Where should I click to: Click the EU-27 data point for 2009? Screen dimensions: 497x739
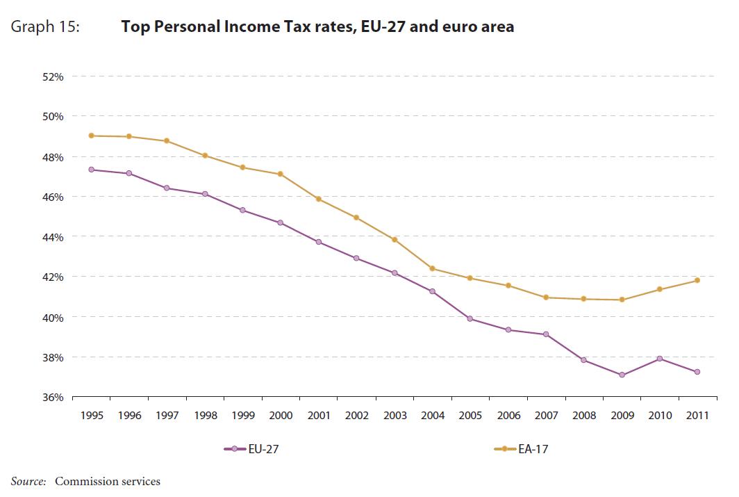click(622, 375)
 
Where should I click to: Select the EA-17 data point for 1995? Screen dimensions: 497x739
click(92, 136)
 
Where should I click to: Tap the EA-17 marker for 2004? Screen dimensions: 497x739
click(433, 268)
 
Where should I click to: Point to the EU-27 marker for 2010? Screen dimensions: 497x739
click(660, 359)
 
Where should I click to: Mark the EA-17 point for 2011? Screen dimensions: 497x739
click(697, 280)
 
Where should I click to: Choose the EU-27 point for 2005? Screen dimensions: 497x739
click(470, 319)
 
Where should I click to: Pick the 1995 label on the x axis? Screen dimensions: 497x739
click(92, 416)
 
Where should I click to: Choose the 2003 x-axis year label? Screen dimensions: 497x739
click(395, 416)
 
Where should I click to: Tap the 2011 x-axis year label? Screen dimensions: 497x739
click(697, 416)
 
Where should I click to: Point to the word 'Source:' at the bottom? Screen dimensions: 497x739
click(28, 481)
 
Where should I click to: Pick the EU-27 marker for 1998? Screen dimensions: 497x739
click(206, 194)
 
